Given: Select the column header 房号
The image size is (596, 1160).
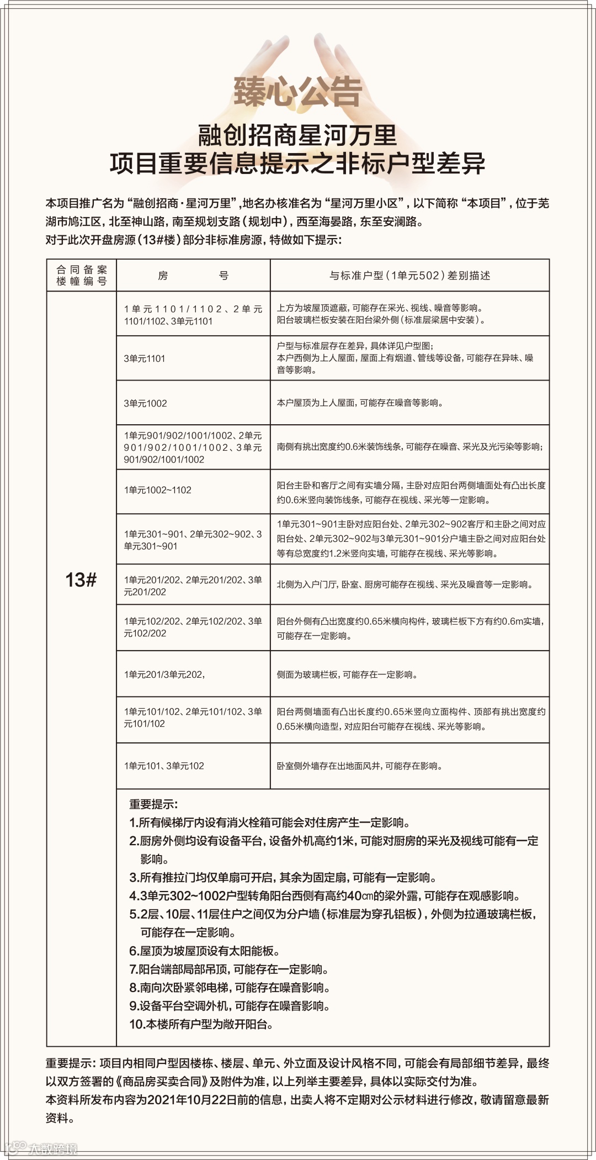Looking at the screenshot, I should click(x=193, y=276).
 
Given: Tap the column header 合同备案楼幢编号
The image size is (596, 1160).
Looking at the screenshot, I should click(x=82, y=275).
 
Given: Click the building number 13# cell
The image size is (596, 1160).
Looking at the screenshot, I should click(x=81, y=579).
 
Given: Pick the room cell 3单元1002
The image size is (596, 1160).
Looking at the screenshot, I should click(x=146, y=403).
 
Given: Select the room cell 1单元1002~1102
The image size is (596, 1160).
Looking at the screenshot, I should click(x=158, y=490).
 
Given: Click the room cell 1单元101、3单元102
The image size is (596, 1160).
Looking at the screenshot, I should click(x=164, y=766).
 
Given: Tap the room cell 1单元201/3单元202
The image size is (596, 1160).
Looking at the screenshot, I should click(x=164, y=674).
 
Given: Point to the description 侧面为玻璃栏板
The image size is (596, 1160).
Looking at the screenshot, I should click(x=348, y=674).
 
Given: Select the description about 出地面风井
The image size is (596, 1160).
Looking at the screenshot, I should click(x=359, y=766).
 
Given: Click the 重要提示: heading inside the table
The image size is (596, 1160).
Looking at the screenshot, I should click(x=153, y=804).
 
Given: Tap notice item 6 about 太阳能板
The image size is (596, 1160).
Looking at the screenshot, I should click(x=205, y=951).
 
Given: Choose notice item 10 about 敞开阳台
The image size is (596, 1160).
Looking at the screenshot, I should click(x=201, y=1024).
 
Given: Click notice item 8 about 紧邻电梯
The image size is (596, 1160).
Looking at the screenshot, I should click(x=230, y=987).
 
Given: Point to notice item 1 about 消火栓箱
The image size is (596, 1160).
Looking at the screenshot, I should click(x=270, y=822).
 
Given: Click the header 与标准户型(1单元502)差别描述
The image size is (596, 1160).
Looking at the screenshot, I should click(x=409, y=276).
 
